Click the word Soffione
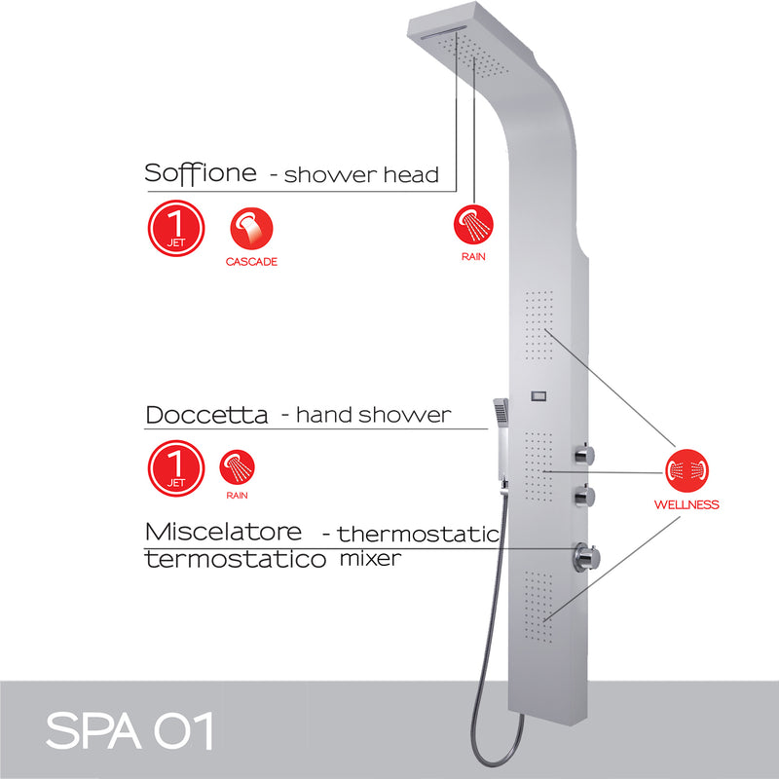(x=201, y=173)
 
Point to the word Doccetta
(x=206, y=415)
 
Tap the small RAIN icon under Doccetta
(x=237, y=467)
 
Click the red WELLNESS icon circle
(x=686, y=471)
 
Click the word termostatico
(x=234, y=560)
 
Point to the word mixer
(x=369, y=560)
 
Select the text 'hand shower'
(x=373, y=415)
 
